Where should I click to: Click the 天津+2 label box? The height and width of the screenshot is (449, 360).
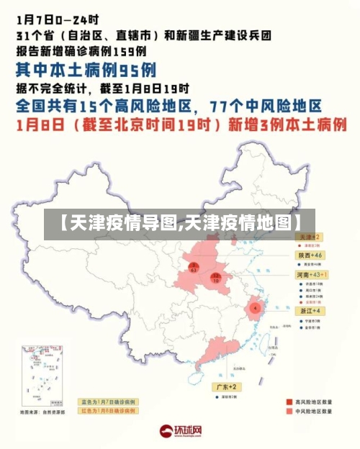(310, 237)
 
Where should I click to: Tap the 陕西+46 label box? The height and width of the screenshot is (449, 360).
(310, 255)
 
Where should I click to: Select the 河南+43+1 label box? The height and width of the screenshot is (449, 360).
(312, 275)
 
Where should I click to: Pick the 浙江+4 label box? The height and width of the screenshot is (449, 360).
(310, 311)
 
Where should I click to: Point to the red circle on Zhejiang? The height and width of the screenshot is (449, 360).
(255, 307)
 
